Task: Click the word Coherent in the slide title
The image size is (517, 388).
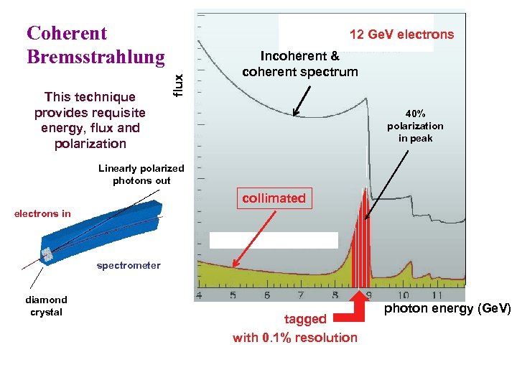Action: (x=67, y=33)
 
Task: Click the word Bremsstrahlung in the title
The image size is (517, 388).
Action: (x=96, y=57)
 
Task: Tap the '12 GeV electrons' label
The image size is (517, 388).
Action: (x=401, y=34)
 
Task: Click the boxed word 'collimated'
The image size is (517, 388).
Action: (x=274, y=198)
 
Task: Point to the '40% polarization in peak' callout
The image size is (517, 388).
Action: (x=415, y=126)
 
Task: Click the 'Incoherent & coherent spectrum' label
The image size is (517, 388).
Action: (x=300, y=64)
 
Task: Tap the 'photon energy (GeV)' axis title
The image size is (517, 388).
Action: (x=447, y=308)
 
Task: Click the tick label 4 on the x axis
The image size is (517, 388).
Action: (x=198, y=295)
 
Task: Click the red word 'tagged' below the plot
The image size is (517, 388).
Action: (x=305, y=318)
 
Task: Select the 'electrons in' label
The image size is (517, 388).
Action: (x=43, y=213)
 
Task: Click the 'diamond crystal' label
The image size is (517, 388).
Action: (x=47, y=306)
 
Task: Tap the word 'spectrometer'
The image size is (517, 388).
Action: (x=129, y=265)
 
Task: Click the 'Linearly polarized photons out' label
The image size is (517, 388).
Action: (x=141, y=175)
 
